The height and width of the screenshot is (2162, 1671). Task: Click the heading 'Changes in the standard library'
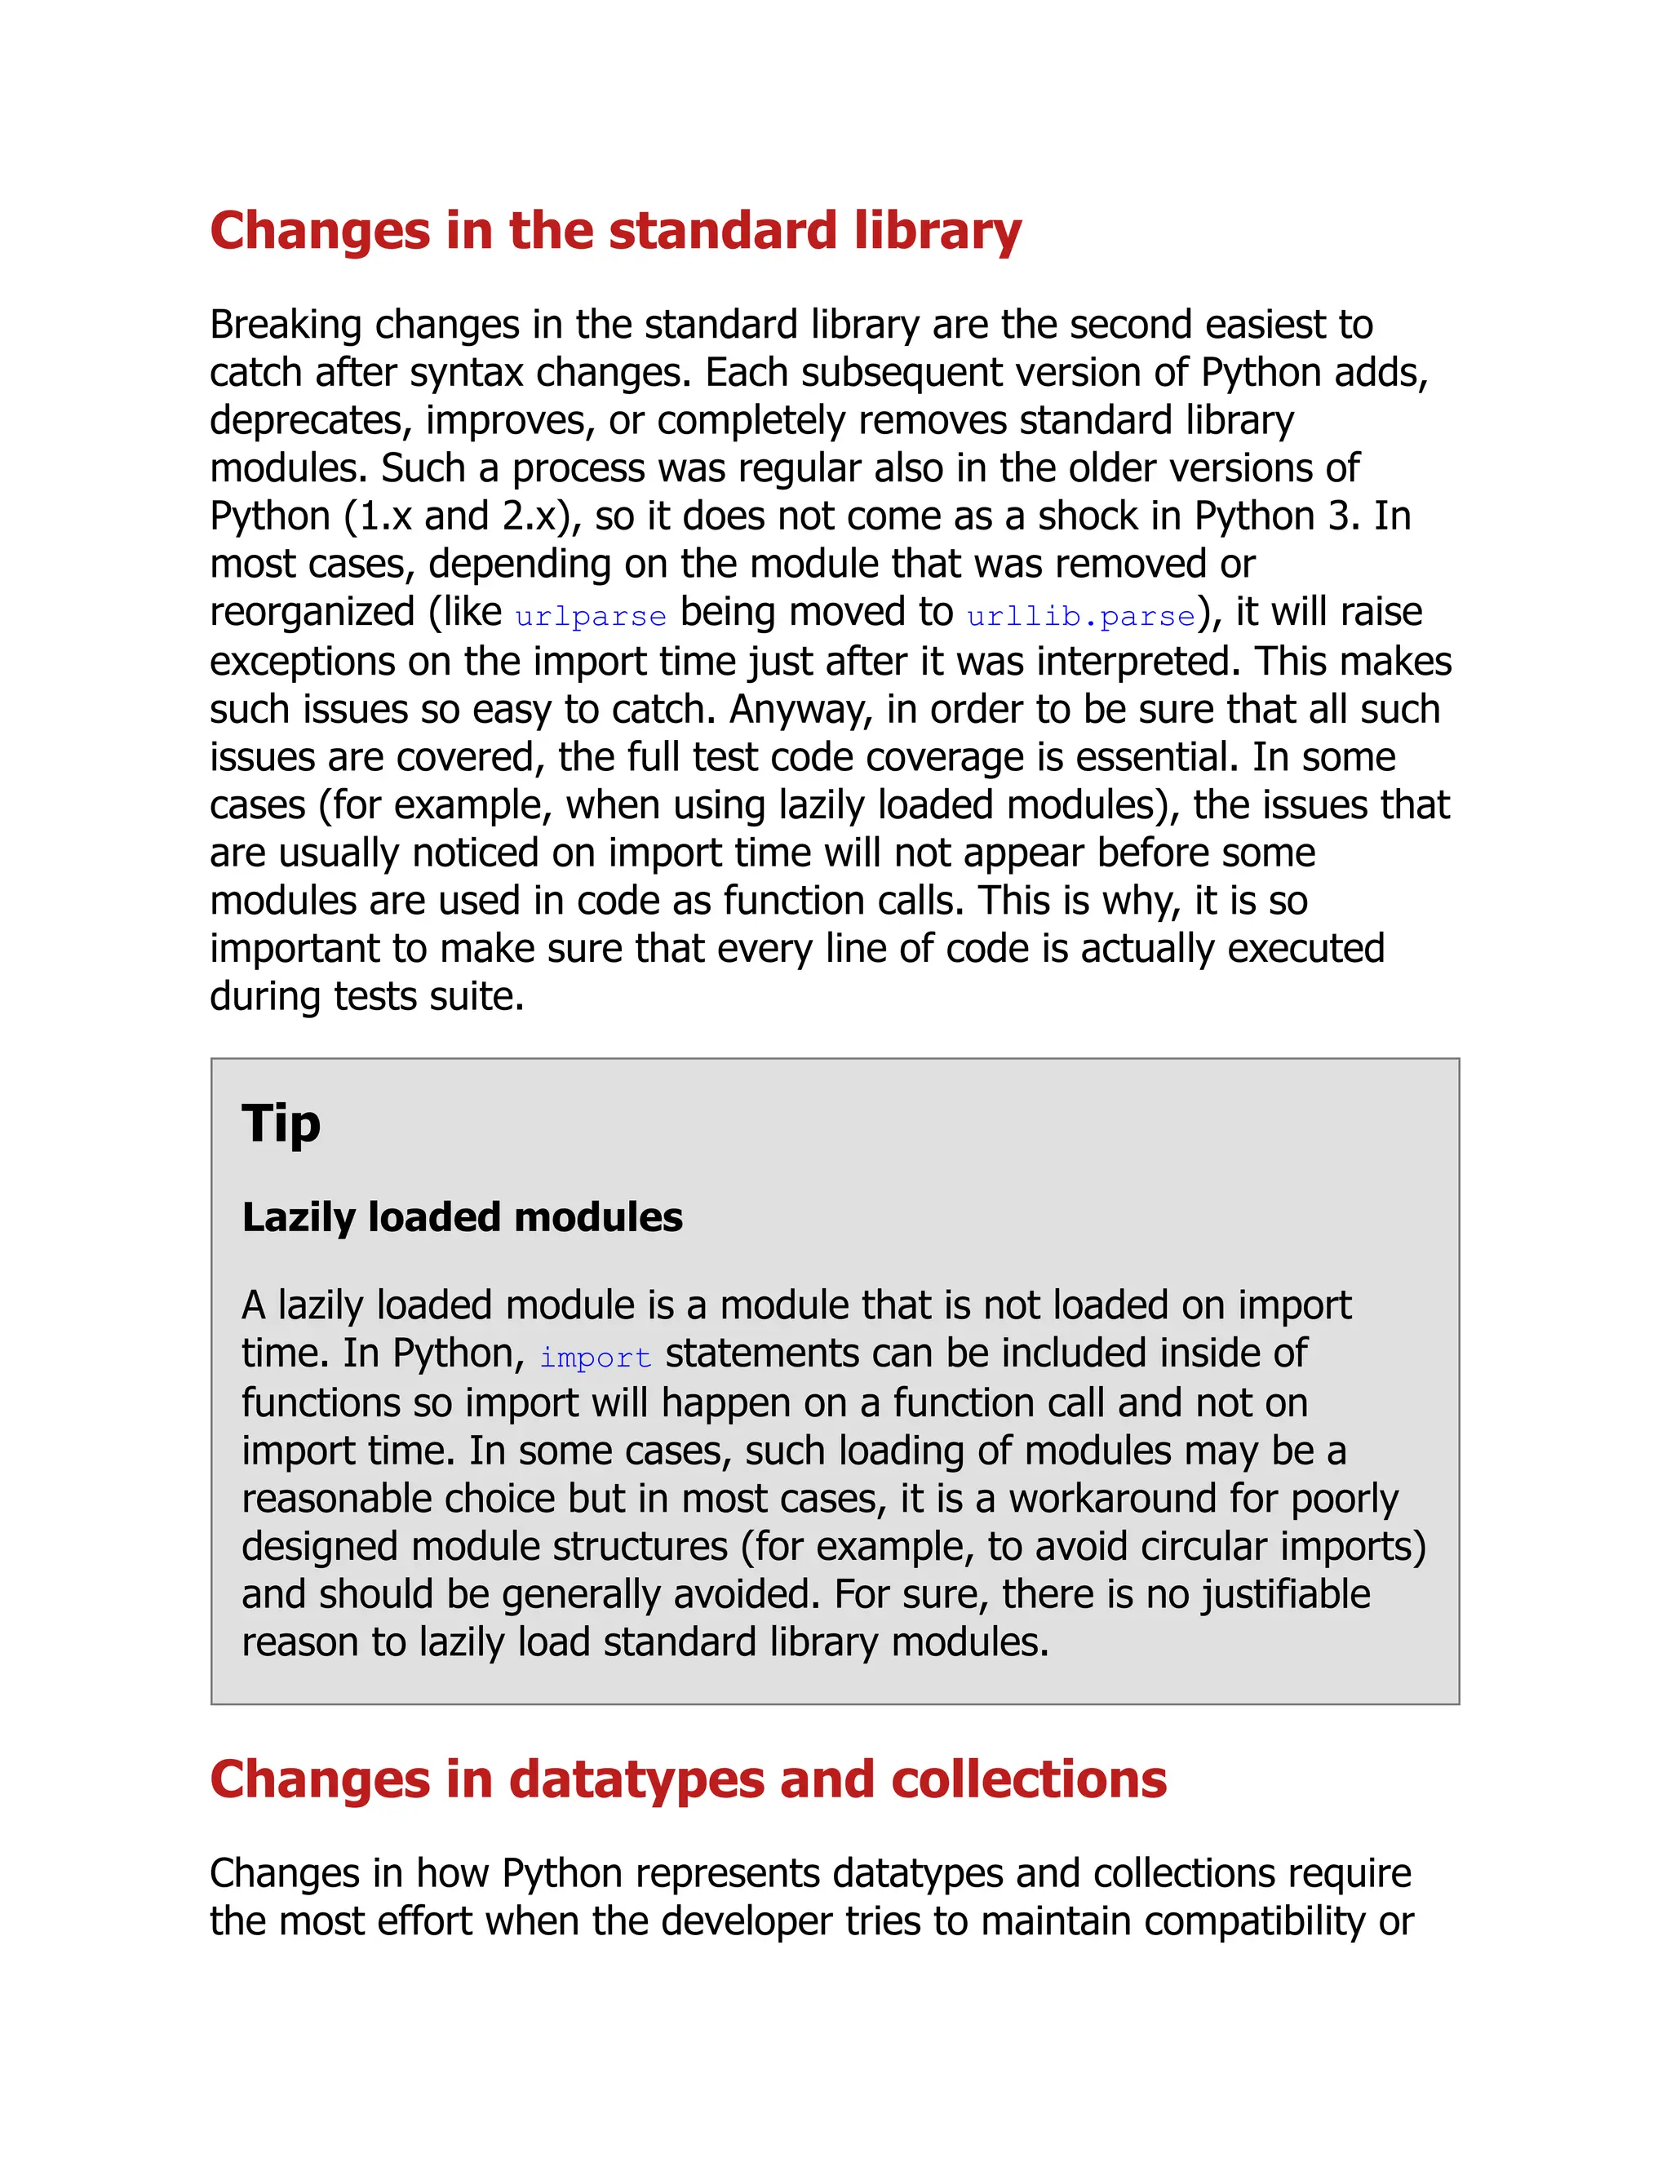(614, 232)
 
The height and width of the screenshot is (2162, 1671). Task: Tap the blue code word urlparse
(591, 616)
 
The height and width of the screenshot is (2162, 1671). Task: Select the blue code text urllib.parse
(1081, 616)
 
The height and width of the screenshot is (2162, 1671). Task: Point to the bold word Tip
(281, 1124)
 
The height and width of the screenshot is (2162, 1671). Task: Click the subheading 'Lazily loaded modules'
(463, 1217)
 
